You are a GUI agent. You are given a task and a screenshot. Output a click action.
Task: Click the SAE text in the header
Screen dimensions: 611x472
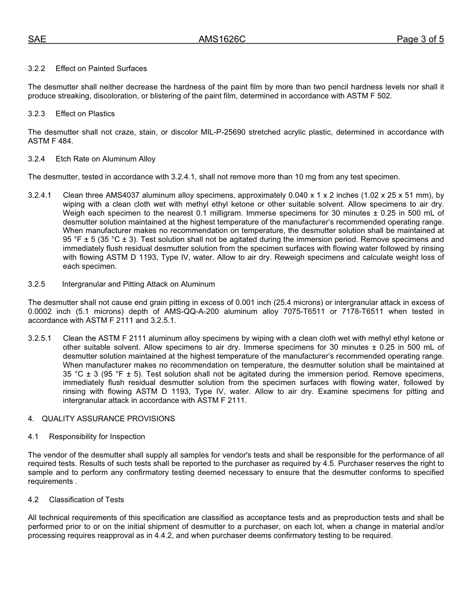click(37, 40)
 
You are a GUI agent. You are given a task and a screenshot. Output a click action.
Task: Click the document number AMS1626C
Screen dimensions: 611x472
click(222, 40)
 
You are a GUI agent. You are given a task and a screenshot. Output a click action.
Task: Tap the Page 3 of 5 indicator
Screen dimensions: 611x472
click(420, 40)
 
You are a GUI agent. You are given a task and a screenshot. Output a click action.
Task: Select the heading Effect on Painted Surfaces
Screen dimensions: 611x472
click(101, 69)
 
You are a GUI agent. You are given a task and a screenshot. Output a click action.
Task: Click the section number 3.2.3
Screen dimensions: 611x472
click(36, 114)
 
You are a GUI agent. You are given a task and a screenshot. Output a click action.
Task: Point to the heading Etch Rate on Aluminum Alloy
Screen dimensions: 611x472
click(105, 159)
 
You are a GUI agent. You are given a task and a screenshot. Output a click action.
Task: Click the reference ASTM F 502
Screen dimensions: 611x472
click(369, 96)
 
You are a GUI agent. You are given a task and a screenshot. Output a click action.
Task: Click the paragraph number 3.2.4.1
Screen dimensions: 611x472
click(40, 195)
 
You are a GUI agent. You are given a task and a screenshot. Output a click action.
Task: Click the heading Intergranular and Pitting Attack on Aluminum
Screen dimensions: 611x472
click(138, 284)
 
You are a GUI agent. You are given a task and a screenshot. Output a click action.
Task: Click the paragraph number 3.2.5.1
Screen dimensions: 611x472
click(40, 338)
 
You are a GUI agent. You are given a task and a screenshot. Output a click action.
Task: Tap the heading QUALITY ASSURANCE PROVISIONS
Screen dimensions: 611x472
click(108, 419)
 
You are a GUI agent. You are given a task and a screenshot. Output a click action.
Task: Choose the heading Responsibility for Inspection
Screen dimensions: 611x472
click(97, 437)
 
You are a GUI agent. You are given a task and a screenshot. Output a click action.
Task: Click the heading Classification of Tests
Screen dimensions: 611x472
click(86, 500)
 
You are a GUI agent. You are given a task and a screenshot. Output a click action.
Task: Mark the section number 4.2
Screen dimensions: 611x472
click(33, 500)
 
